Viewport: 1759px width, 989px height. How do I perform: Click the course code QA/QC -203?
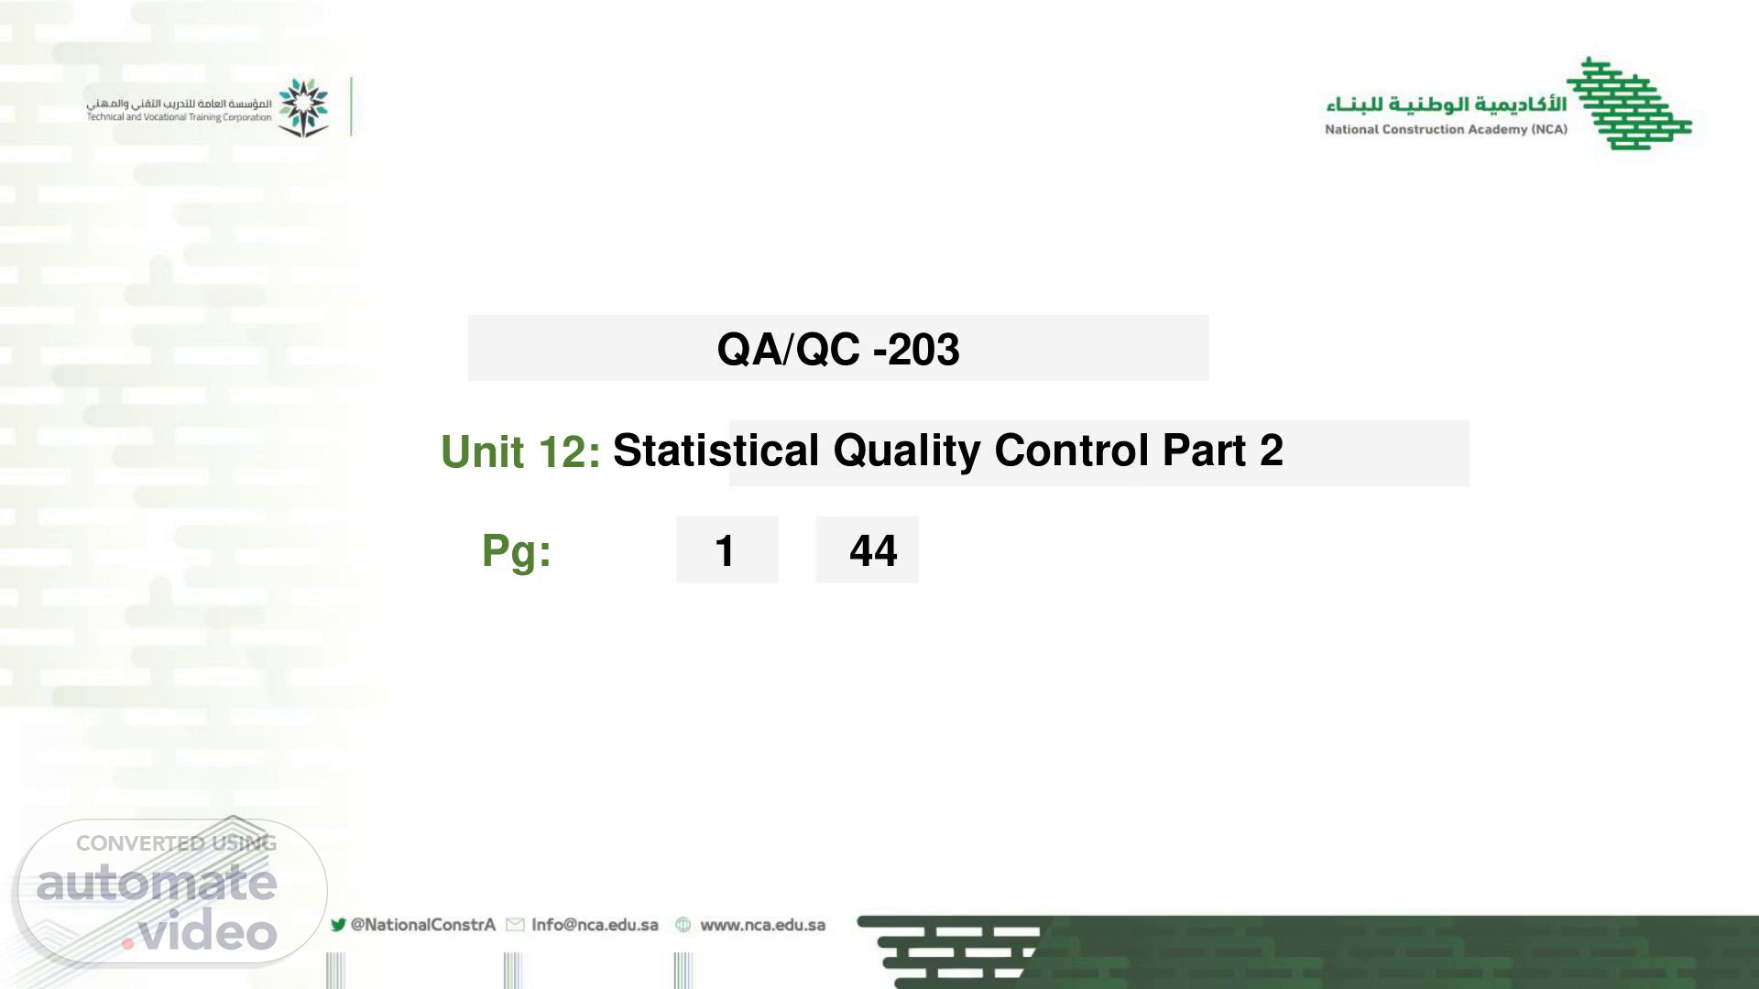click(838, 349)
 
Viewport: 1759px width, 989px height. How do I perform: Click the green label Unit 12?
click(520, 451)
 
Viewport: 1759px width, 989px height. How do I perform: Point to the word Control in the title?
click(1071, 450)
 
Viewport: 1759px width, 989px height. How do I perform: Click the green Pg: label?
click(517, 551)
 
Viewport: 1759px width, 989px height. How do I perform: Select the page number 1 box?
click(727, 549)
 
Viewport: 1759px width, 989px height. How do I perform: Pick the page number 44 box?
click(867, 549)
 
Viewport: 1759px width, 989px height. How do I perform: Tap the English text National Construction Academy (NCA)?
click(1446, 129)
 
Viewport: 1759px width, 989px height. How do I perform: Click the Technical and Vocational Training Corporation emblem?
click(303, 107)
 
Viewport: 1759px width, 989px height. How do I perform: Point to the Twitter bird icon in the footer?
click(338, 925)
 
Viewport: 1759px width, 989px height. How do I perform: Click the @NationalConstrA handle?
click(423, 925)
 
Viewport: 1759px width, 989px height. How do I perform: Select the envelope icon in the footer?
click(515, 925)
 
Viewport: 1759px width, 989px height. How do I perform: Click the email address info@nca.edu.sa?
click(595, 925)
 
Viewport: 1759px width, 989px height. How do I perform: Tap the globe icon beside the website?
click(683, 925)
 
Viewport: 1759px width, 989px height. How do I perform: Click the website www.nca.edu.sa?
click(762, 925)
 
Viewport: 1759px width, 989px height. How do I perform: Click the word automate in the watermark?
click(157, 883)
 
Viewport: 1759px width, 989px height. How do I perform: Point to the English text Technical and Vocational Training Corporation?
click(180, 117)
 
